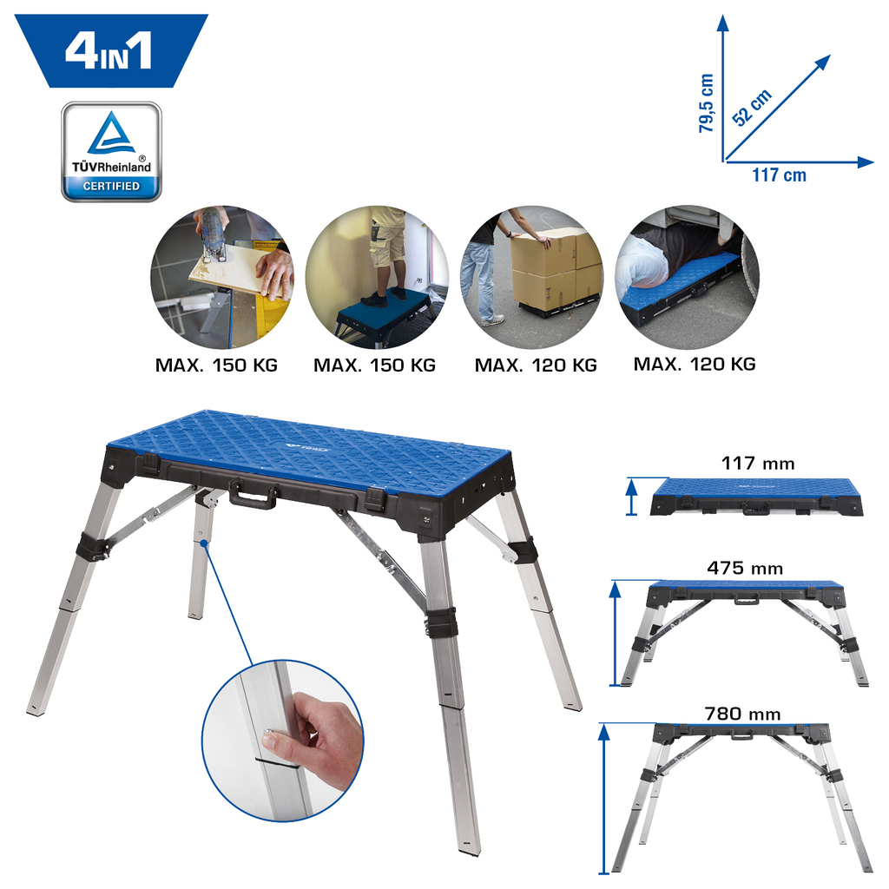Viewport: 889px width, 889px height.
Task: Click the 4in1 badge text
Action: pyautogui.click(x=109, y=51)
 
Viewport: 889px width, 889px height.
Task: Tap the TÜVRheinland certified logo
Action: pyautogui.click(x=112, y=151)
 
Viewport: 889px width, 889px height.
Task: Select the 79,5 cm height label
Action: pyautogui.click(x=706, y=103)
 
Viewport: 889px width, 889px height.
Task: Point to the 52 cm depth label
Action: pyautogui.click(x=752, y=107)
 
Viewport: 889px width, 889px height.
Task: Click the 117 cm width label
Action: pyautogui.click(x=779, y=175)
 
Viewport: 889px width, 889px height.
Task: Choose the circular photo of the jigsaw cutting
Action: pyautogui.click(x=222, y=277)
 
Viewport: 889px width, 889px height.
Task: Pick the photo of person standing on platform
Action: pyautogui.click(x=377, y=277)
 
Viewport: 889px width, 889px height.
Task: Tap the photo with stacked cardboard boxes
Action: pyautogui.click(x=532, y=277)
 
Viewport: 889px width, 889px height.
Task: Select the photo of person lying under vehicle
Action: pyautogui.click(x=687, y=277)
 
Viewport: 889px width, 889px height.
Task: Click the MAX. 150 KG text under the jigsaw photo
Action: pyautogui.click(x=216, y=365)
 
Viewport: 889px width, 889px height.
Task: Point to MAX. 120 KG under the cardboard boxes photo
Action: pyautogui.click(x=536, y=365)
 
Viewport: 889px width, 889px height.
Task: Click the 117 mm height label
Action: pyautogui.click(x=757, y=464)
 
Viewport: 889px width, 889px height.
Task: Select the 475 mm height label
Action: pyautogui.click(x=744, y=568)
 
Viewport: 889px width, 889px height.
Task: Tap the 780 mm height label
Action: pyautogui.click(x=743, y=714)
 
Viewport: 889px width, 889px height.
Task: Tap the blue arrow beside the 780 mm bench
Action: pyautogui.click(x=604, y=799)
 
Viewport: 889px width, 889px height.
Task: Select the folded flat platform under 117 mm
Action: pyautogui.click(x=756, y=497)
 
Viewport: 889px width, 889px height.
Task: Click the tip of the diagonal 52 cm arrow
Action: pyautogui.click(x=831, y=55)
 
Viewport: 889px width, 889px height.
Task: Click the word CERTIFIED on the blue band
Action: pyautogui.click(x=111, y=186)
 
